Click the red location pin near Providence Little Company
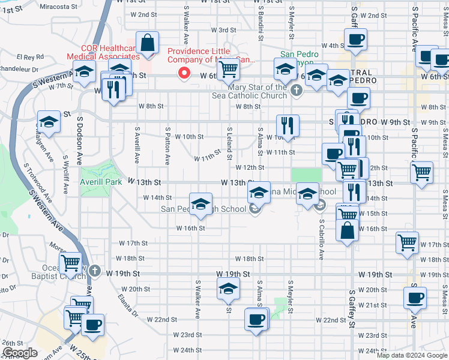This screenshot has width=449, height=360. point(185,73)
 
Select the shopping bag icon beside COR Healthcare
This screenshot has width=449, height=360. point(147,43)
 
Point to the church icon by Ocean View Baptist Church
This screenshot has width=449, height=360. point(94,271)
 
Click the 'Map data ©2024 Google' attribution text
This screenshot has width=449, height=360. point(411,355)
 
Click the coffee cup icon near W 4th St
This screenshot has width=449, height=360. point(355,39)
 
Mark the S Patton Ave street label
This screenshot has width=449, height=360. point(167,144)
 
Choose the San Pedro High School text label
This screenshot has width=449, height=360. point(203,209)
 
